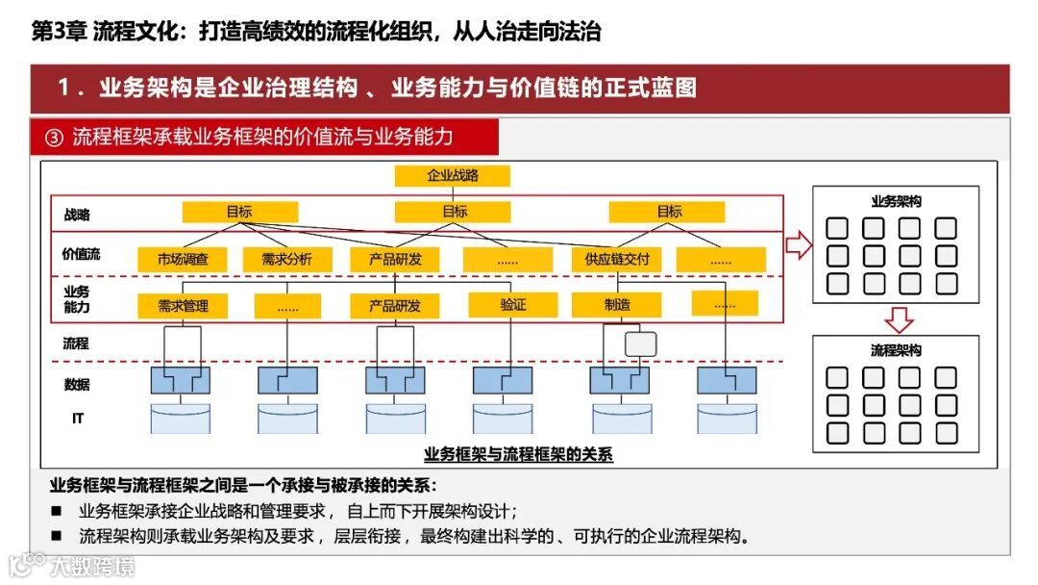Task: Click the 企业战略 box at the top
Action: [452, 176]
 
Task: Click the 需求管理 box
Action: [183, 306]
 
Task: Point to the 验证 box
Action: [513, 305]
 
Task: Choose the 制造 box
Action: [617, 305]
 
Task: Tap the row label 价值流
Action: [82, 255]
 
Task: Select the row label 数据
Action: [77, 384]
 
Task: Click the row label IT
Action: [78, 419]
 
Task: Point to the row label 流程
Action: [76, 343]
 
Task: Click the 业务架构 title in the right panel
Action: [896, 202]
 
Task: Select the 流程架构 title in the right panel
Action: [896, 350]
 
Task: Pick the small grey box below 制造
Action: [640, 343]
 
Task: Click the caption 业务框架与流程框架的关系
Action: [518, 455]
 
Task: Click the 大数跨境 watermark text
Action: [92, 565]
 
